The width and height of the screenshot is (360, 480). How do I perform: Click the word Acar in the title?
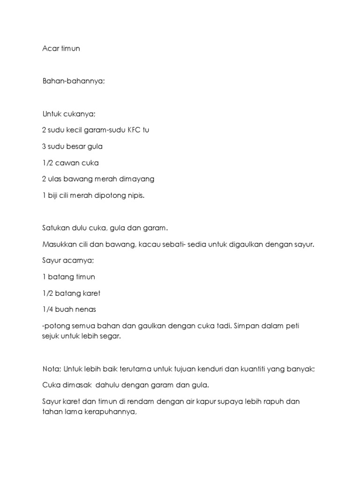click(50, 48)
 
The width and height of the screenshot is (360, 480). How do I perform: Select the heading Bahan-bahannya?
click(74, 81)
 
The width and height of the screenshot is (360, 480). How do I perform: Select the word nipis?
click(135, 195)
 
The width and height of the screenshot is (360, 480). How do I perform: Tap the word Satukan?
click(56, 228)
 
